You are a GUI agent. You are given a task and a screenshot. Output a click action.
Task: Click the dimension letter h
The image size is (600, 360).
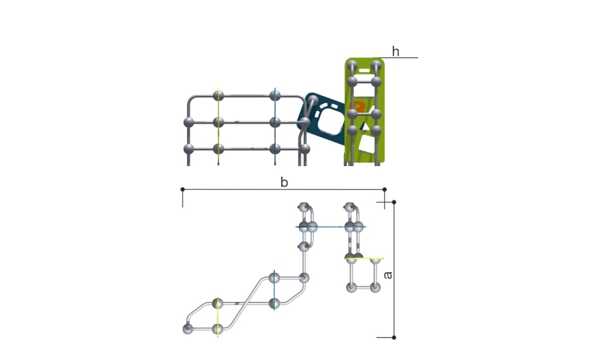point(395,51)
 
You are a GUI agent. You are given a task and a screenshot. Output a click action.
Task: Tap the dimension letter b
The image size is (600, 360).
point(284,182)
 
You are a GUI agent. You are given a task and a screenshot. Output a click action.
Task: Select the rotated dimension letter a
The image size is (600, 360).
point(388,275)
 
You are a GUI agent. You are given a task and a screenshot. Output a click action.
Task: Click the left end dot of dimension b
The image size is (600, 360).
point(183,189)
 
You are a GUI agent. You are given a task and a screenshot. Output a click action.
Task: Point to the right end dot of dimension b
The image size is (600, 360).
point(385,189)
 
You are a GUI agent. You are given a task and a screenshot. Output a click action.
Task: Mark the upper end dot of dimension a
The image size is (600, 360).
point(394,202)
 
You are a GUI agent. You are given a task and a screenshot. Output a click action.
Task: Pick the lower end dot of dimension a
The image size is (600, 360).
point(394,337)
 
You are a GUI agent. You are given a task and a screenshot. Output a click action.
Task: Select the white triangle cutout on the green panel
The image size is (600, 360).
point(366,126)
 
